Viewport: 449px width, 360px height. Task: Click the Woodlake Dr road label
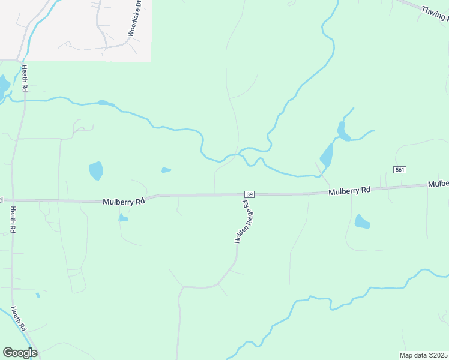(135, 19)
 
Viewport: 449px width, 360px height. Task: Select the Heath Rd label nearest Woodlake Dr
(25, 79)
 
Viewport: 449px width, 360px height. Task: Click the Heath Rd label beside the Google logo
(19, 317)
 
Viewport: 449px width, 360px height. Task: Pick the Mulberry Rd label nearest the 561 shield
(349, 191)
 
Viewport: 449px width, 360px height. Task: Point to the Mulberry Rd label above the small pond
(124, 202)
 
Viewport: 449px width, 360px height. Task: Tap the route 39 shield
(250, 194)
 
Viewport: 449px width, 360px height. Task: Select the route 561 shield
(400, 170)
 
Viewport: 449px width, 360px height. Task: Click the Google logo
(20, 352)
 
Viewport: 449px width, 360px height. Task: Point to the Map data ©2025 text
(423, 355)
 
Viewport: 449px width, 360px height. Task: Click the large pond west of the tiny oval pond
(95, 170)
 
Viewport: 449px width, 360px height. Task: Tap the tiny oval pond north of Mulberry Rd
(166, 170)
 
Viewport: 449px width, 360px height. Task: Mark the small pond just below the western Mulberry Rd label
(123, 218)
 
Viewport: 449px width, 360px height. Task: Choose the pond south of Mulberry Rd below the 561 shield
(362, 222)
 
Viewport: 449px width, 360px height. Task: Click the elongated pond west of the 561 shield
(327, 156)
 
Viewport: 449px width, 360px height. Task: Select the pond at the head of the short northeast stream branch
(343, 131)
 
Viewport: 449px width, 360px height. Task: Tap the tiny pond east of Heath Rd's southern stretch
(38, 295)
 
